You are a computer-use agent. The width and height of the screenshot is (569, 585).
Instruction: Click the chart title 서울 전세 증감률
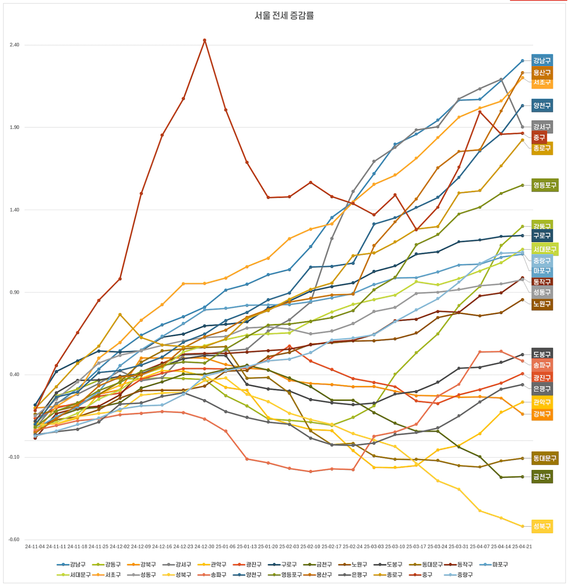284,16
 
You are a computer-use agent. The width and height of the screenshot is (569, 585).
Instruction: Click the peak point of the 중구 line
204,40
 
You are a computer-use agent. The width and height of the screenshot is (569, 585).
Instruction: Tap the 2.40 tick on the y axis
14,45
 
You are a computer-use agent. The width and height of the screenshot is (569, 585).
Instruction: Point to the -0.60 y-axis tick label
14,540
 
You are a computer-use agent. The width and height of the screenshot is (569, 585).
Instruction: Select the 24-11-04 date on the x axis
35,547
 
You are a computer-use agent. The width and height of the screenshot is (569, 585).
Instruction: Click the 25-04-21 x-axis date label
522,547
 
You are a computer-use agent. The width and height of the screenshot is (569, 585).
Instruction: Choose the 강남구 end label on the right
542,61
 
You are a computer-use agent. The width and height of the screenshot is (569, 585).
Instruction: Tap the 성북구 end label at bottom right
542,527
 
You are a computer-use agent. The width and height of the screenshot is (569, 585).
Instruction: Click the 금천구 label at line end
542,477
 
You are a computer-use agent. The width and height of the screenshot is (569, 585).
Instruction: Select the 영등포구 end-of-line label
545,185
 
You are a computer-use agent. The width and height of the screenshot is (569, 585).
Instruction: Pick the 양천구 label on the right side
542,106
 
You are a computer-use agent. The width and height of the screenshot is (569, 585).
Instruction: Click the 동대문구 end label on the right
545,458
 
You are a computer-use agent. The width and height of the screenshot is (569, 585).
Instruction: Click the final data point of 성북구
523,527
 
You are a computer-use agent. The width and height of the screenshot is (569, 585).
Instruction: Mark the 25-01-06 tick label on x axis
226,547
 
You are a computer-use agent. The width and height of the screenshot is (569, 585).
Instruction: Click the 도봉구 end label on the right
542,354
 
